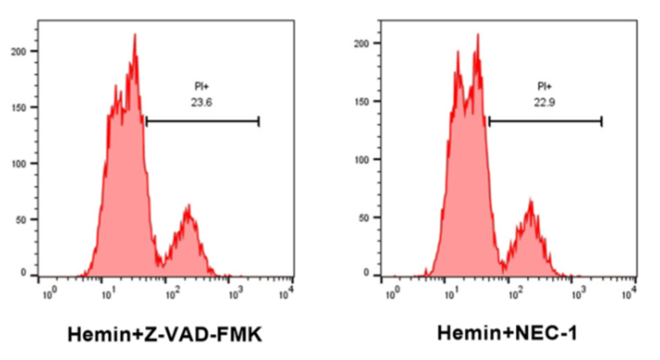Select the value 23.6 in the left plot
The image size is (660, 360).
click(199, 104)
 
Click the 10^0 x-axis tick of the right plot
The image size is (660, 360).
click(393, 293)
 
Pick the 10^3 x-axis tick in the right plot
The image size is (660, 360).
click(577, 293)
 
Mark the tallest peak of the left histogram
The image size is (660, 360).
click(135, 35)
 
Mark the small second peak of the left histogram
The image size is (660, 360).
click(189, 208)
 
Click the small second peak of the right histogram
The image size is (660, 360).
click(530, 201)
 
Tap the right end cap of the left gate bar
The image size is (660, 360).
click(258, 121)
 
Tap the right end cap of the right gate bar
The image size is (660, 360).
click(601, 121)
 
